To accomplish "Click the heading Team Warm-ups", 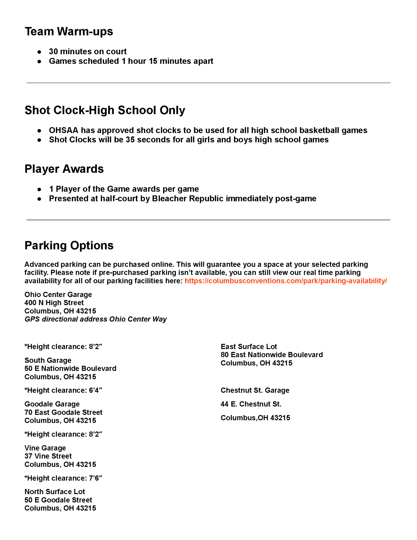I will (69, 32).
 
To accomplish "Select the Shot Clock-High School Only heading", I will (105, 110).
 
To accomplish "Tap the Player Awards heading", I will (64, 169).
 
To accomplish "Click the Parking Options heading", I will (69, 245).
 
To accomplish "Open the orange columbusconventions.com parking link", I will (286, 281).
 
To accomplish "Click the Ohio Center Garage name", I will (58, 295).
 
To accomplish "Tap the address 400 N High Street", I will (54, 303).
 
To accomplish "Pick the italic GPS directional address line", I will (96, 319).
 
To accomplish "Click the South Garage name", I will (48, 360).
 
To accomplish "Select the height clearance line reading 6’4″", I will (63, 390).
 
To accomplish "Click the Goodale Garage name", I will (52, 404).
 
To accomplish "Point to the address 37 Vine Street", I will (48, 456).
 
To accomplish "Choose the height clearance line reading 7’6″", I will (63, 478).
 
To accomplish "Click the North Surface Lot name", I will (55, 492).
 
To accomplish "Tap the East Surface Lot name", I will (249, 347).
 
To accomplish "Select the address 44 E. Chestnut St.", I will (251, 404).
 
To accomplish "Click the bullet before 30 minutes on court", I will (39, 52).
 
